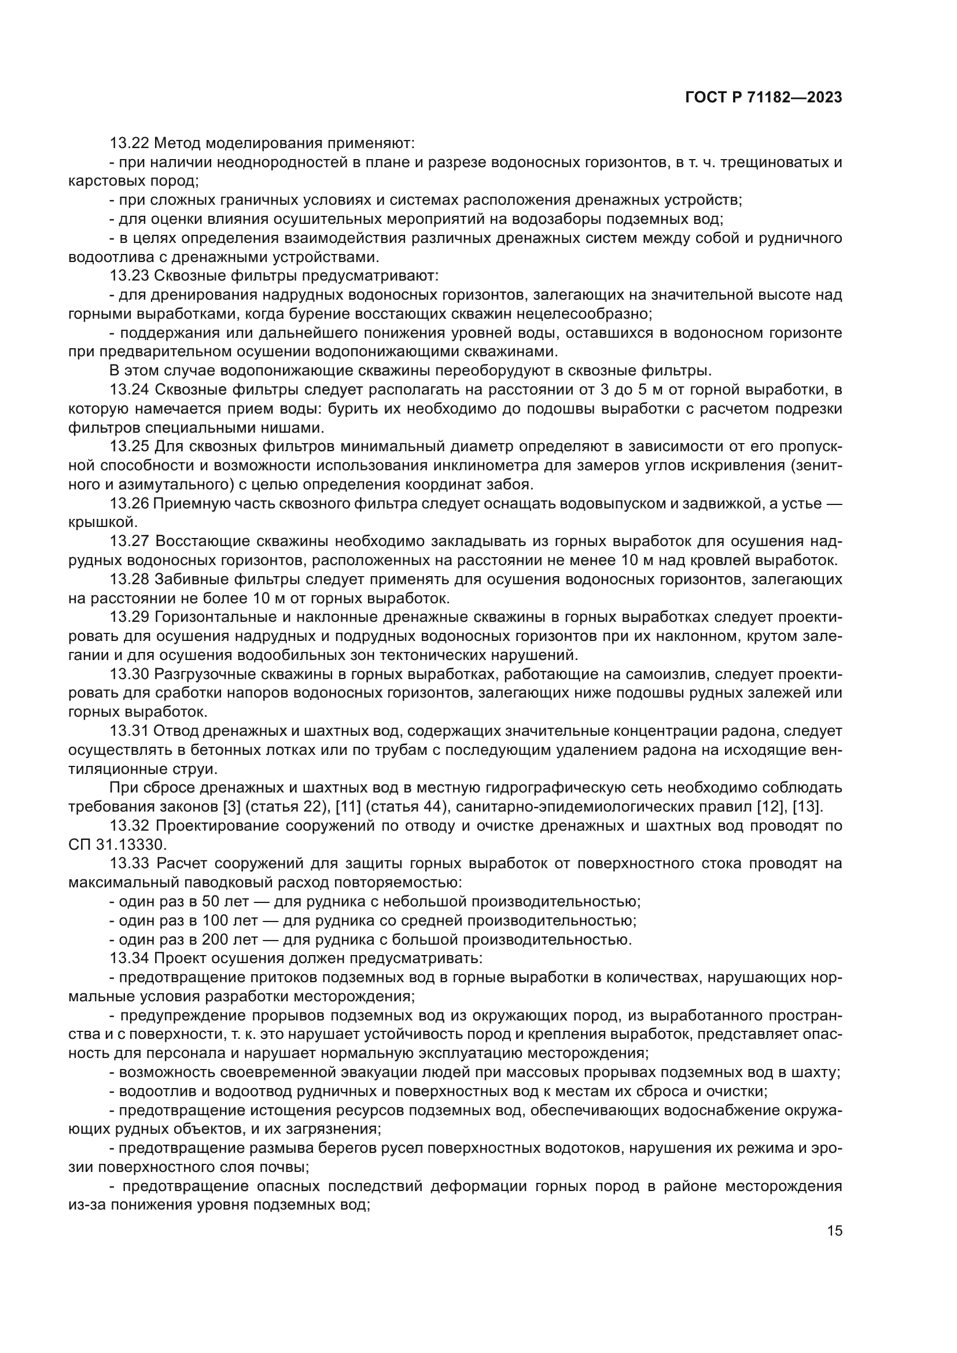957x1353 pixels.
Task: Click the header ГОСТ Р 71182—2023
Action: pyautogui.click(x=764, y=98)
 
